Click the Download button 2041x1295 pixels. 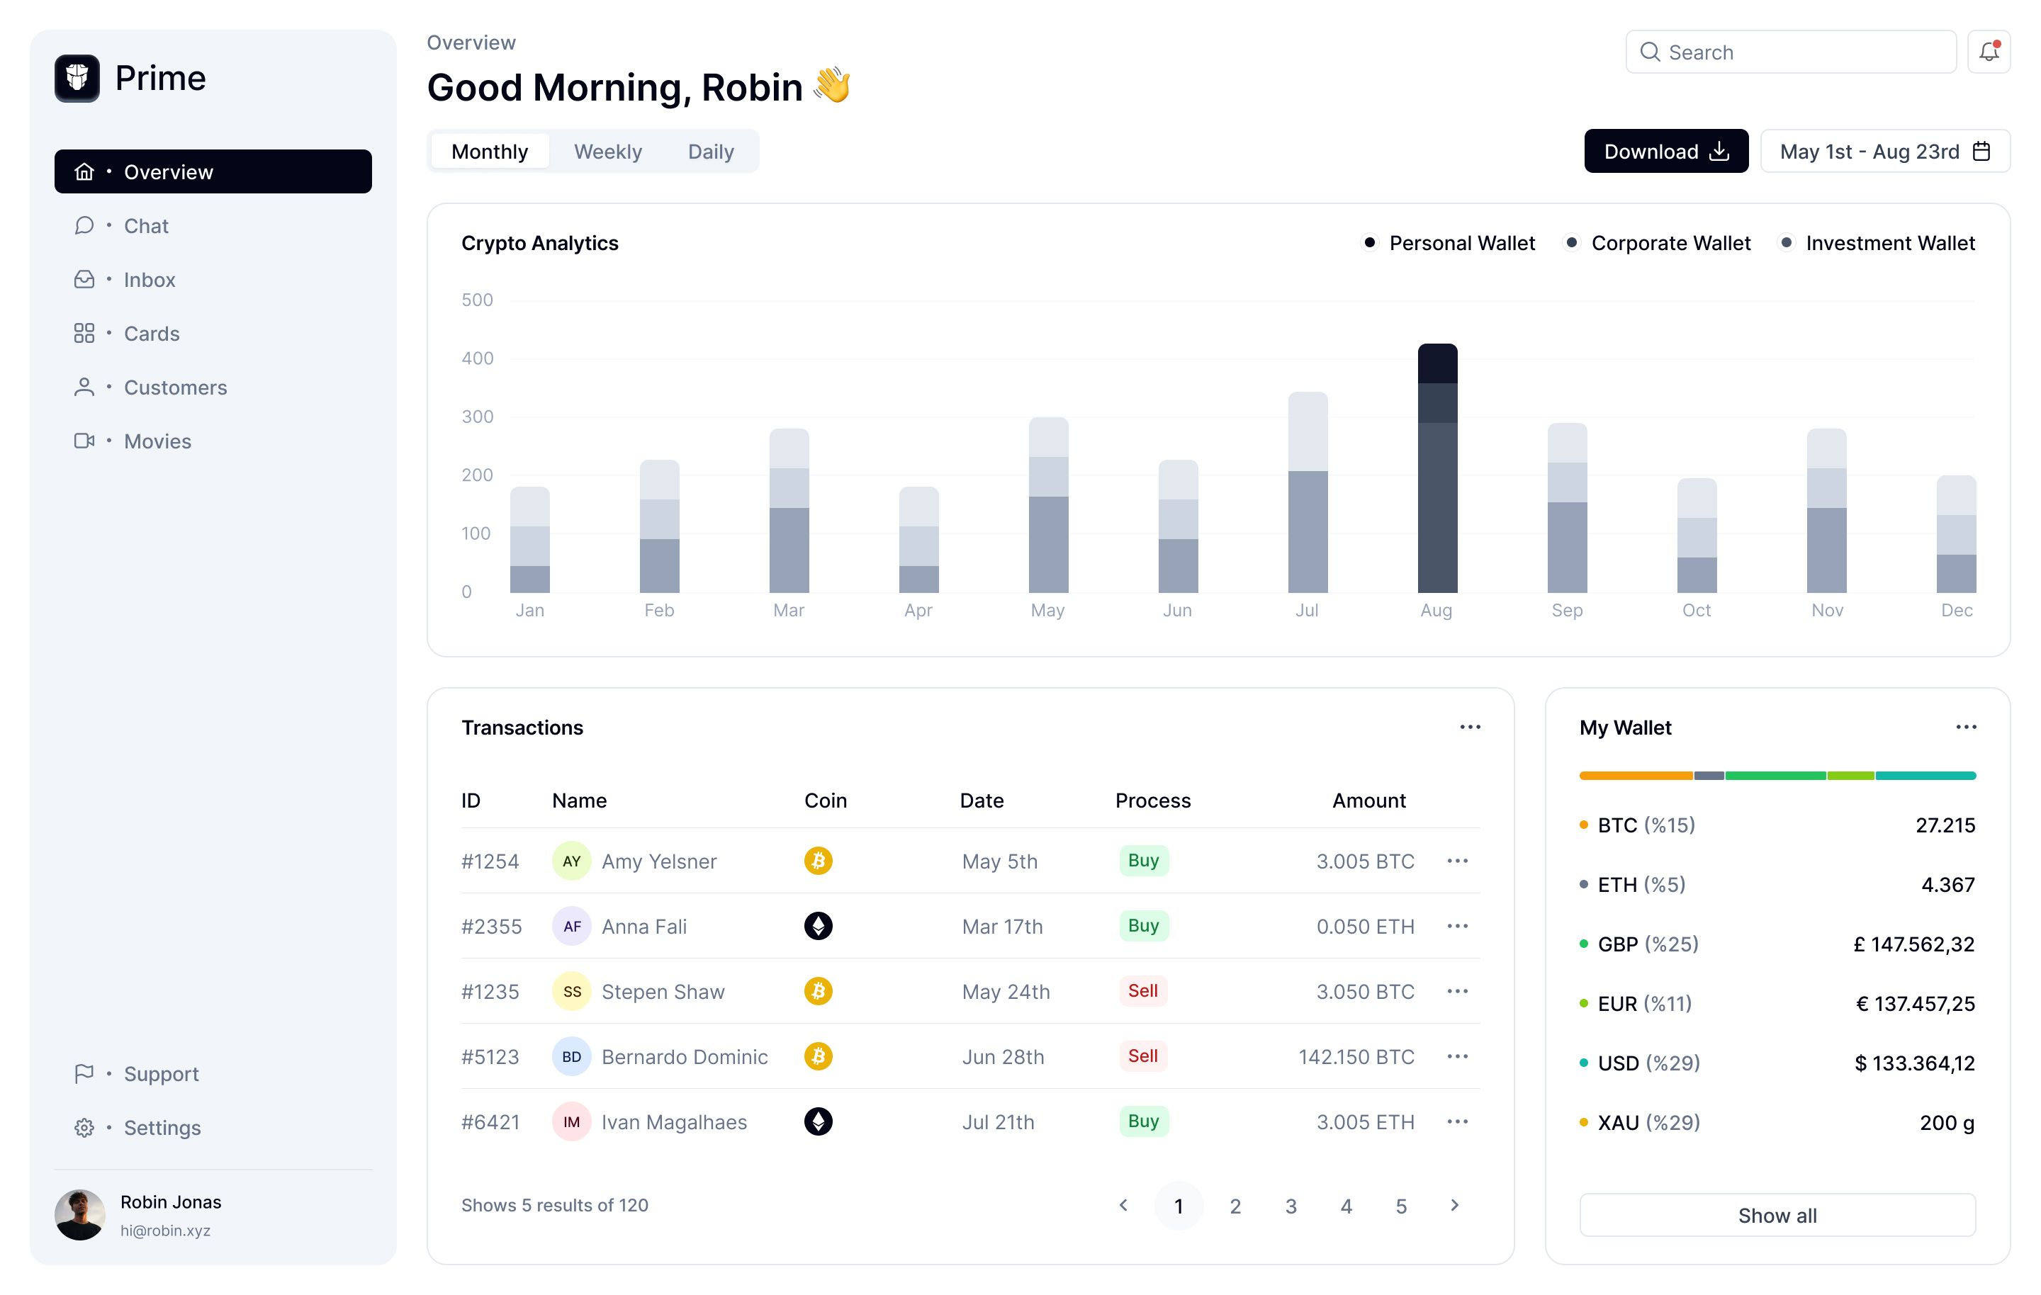[x=1665, y=152]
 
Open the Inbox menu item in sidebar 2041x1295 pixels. [x=149, y=280]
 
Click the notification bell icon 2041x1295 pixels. [x=1988, y=52]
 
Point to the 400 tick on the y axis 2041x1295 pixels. [x=477, y=358]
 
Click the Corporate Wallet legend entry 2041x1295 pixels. [x=1669, y=243]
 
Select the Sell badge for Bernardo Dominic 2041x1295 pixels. [x=1142, y=1056]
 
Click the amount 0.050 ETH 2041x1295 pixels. [x=1365, y=927]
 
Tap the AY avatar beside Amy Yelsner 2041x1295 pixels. [x=571, y=861]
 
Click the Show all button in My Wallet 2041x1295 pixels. [x=1777, y=1216]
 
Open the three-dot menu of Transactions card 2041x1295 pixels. [x=1470, y=727]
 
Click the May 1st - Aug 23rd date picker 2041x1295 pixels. [x=1884, y=152]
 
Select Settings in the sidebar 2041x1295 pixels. [x=162, y=1128]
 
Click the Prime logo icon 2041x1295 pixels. [x=77, y=78]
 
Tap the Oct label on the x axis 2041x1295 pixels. [x=1696, y=610]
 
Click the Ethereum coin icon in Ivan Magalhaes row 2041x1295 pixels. [x=817, y=1121]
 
